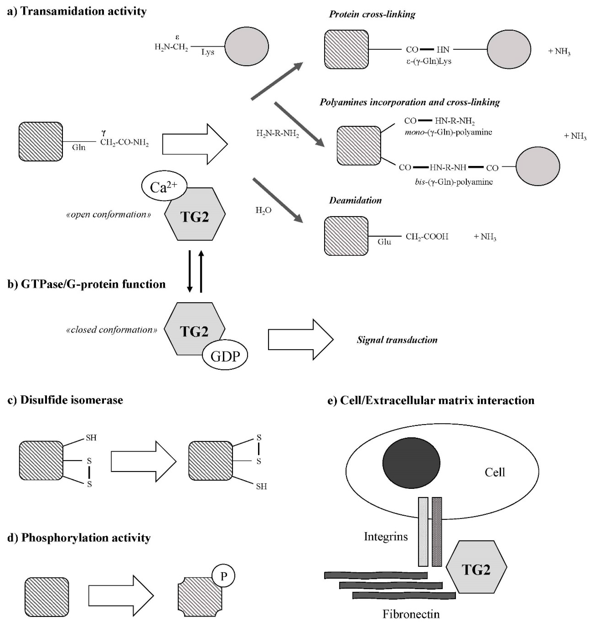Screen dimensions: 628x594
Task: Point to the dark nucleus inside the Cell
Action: (411, 463)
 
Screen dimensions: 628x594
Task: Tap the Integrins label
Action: (386, 537)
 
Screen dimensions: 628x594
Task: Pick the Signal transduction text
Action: (397, 340)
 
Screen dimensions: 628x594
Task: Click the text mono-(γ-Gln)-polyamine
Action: (448, 132)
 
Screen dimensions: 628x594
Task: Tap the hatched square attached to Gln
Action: (41, 141)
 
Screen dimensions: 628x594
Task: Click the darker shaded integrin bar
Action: (437, 532)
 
